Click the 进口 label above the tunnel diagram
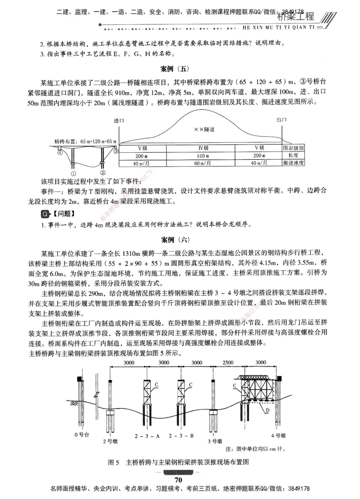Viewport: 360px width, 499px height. coord(119,121)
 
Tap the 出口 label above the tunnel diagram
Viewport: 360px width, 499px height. coord(282,120)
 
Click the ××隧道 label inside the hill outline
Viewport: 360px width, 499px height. coord(204,129)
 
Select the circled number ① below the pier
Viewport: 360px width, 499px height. coord(74,172)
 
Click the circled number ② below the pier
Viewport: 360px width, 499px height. coord(103,172)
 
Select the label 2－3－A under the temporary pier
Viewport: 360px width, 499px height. coord(145,436)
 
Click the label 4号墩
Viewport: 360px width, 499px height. coord(279,435)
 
